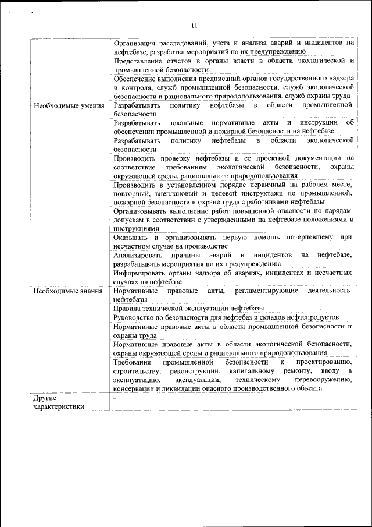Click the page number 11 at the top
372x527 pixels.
click(194, 24)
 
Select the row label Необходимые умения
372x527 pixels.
click(69, 106)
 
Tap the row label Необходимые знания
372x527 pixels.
click(68, 291)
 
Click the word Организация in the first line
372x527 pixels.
click(137, 43)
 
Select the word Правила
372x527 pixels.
click(128, 308)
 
